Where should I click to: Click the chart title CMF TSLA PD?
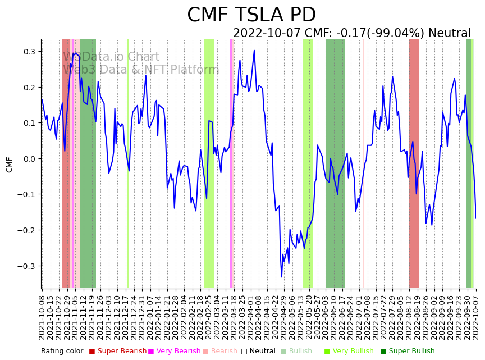[251, 15]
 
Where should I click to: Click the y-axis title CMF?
[10, 165]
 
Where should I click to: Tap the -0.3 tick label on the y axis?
[27, 266]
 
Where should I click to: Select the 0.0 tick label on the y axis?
[29, 159]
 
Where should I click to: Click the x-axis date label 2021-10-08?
[42, 315]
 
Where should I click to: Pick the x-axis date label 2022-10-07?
[477, 315]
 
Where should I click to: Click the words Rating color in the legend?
[62, 351]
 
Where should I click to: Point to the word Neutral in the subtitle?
[450, 33]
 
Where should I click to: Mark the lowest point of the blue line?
[282, 277]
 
